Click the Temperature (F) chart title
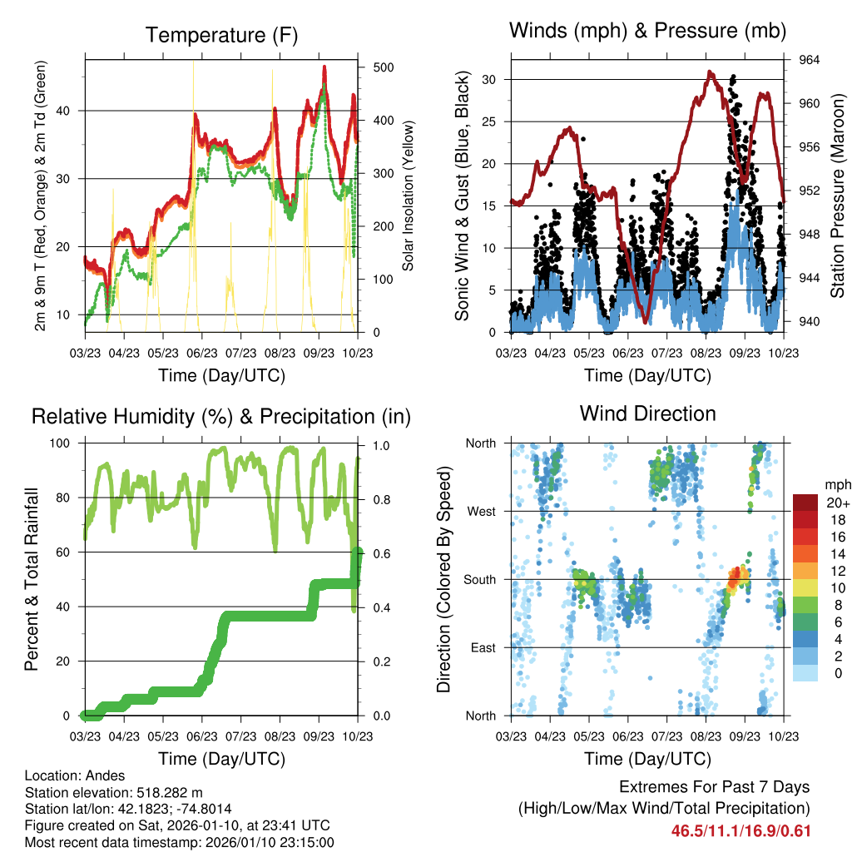[221, 36]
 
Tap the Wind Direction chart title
[647, 414]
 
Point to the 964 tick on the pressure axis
[810, 60]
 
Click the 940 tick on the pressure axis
[810, 321]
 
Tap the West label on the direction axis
[481, 511]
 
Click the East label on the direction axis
[482, 647]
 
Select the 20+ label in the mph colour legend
[837, 503]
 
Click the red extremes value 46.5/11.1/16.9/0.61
[741, 830]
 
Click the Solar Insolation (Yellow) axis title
[408, 196]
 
